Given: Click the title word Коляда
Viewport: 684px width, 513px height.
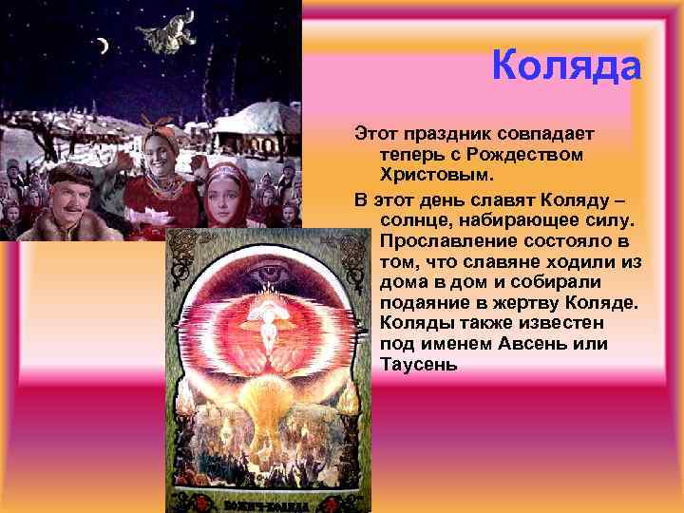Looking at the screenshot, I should click(567, 66).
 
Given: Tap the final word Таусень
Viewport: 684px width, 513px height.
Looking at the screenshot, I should click(419, 365).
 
